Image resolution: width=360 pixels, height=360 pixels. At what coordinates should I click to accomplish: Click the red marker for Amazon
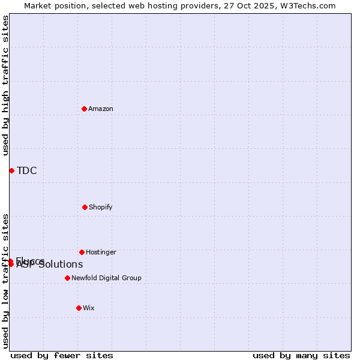point(84,109)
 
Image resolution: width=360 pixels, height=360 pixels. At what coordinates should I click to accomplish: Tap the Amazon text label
point(101,109)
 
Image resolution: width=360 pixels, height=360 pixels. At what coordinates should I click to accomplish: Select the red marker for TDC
point(11,170)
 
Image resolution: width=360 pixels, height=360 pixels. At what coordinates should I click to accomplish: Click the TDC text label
point(27,171)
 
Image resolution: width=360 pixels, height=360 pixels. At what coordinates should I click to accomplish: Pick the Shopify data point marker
point(85,207)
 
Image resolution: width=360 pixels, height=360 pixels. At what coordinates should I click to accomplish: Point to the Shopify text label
point(101,208)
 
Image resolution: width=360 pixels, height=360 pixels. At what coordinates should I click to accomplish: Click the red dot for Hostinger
point(82,252)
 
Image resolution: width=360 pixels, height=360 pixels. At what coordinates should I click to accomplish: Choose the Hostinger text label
point(101,253)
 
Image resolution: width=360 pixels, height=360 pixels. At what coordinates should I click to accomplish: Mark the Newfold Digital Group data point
point(67,278)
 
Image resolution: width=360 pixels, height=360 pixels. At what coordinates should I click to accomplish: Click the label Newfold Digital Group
point(106,278)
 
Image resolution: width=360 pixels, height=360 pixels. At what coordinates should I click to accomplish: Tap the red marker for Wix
point(79,308)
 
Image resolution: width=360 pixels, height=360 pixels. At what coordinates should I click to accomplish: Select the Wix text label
point(89,308)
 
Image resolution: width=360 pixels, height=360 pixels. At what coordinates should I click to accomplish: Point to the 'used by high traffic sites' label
point(5,85)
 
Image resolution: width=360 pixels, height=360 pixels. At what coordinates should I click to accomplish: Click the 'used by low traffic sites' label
point(5,280)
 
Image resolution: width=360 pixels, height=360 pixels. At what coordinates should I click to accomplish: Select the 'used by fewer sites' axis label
point(62,356)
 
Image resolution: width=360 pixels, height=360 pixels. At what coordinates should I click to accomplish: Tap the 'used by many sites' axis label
point(301,356)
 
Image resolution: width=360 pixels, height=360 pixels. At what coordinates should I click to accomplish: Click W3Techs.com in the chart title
point(306,5)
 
